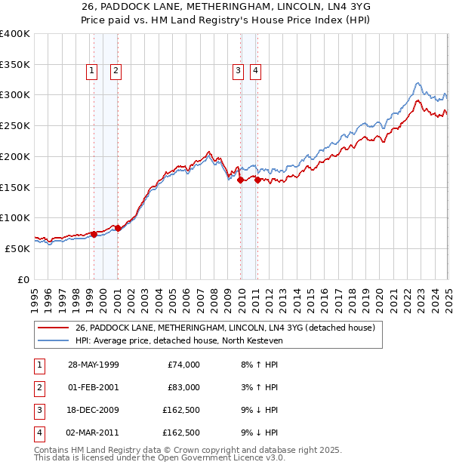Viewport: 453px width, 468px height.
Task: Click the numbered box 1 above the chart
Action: pyautogui.click(x=91, y=71)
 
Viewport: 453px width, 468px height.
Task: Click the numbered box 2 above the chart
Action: pyautogui.click(x=116, y=71)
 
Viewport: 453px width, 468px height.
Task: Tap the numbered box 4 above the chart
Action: pyautogui.click(x=256, y=71)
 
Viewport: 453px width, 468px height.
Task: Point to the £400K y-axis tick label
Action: pyautogui.click(x=14, y=34)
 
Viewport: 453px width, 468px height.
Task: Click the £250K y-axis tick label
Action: pyautogui.click(x=14, y=126)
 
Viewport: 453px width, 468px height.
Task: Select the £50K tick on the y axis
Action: pyautogui.click(x=17, y=248)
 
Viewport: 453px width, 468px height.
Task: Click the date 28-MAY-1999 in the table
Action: pyautogui.click(x=93, y=365)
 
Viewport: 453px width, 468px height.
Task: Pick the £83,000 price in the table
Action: pyautogui.click(x=183, y=387)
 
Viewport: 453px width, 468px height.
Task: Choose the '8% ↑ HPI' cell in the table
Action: pyautogui.click(x=257, y=365)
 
